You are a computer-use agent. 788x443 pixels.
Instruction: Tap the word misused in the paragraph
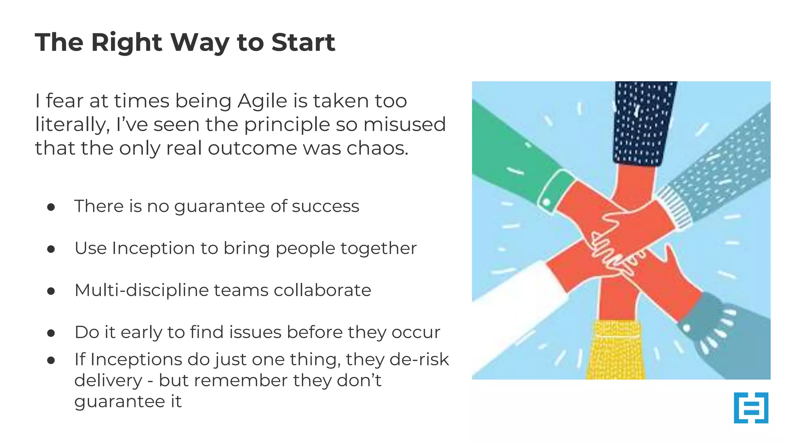tap(404, 125)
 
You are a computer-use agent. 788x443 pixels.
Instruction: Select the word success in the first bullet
tap(325, 207)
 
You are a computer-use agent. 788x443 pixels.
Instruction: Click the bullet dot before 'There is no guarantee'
tap(51, 208)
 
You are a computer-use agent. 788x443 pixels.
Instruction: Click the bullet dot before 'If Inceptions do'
tap(51, 360)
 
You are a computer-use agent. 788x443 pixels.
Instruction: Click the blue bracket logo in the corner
tap(751, 408)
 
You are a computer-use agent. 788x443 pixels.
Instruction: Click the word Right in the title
tap(127, 42)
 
